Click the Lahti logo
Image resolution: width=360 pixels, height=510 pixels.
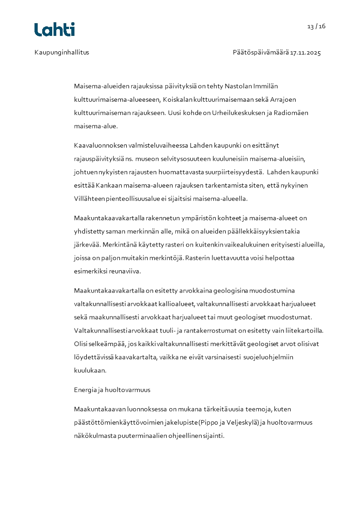[x=54, y=30]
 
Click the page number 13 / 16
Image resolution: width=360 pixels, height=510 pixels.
[x=316, y=26]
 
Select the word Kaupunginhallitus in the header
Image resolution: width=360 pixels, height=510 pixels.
[x=62, y=52]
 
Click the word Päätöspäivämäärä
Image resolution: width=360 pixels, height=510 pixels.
[x=261, y=52]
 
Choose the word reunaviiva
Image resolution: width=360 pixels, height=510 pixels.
[x=125, y=272]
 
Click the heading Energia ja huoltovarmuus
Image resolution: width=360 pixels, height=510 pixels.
[x=112, y=390]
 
